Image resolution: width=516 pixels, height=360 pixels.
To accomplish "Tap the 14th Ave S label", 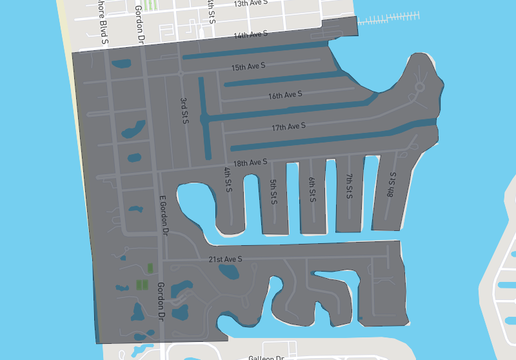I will pos(251,36).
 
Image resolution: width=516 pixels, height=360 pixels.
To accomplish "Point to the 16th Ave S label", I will pos(287,96).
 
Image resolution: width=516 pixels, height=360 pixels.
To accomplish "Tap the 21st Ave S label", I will pos(227,260).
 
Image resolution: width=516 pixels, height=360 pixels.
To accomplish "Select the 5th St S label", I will pos(273,190).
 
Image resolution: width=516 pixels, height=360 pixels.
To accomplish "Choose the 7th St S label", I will pos(349,187).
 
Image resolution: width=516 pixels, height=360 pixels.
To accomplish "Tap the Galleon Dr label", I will pos(268,355).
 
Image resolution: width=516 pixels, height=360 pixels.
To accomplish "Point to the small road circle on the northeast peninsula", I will pos(419,87).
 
